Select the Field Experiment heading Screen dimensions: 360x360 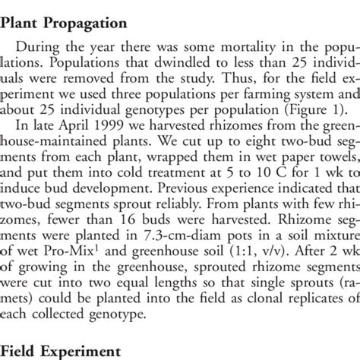click(62, 352)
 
